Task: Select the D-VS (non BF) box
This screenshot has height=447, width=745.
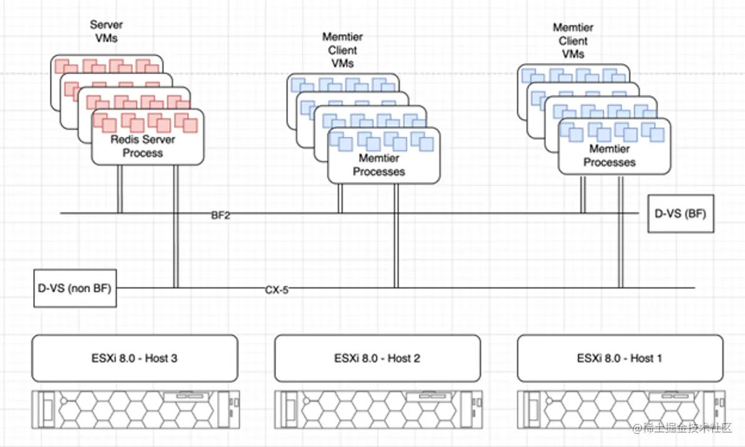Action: pos(75,288)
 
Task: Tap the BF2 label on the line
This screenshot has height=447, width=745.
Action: pos(221,216)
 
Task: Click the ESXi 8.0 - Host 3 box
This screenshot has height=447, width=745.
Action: pos(135,358)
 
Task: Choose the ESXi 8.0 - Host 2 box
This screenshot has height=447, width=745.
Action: pos(377,358)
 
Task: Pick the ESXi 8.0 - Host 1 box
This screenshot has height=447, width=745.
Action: pos(620,358)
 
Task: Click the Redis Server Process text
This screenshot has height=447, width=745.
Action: pos(143,146)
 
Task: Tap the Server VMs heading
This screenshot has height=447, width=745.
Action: pos(106,31)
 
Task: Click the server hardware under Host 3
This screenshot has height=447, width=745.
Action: pos(135,409)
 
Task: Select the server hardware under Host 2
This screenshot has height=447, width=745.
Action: pos(377,409)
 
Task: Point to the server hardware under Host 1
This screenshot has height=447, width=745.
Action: pos(620,409)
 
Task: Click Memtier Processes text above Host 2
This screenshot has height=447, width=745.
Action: pos(379,165)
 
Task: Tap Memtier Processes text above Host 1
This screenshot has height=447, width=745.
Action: pos(609,156)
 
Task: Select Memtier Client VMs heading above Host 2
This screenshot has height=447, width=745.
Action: pos(343,50)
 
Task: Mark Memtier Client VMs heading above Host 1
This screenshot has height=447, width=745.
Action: pos(573,41)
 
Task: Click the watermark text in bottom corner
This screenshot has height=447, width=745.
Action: pos(685,430)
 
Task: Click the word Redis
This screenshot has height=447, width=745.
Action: pos(124,139)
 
